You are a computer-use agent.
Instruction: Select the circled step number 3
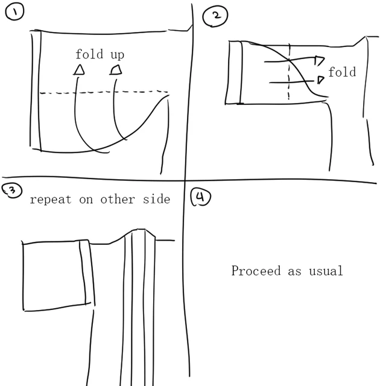(10, 191)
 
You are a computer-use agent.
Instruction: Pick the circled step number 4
(200, 198)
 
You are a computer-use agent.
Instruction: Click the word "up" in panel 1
(117, 55)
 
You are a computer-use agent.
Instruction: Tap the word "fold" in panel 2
(342, 72)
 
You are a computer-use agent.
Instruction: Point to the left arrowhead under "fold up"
(79, 71)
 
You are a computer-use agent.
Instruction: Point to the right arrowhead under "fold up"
(116, 70)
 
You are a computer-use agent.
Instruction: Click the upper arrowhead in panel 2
(319, 60)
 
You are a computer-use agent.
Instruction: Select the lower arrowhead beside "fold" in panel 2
(320, 80)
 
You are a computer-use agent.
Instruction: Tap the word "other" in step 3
(118, 200)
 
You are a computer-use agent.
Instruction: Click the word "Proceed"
(257, 271)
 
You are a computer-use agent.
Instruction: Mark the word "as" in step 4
(294, 271)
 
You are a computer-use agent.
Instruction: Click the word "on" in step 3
(86, 200)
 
